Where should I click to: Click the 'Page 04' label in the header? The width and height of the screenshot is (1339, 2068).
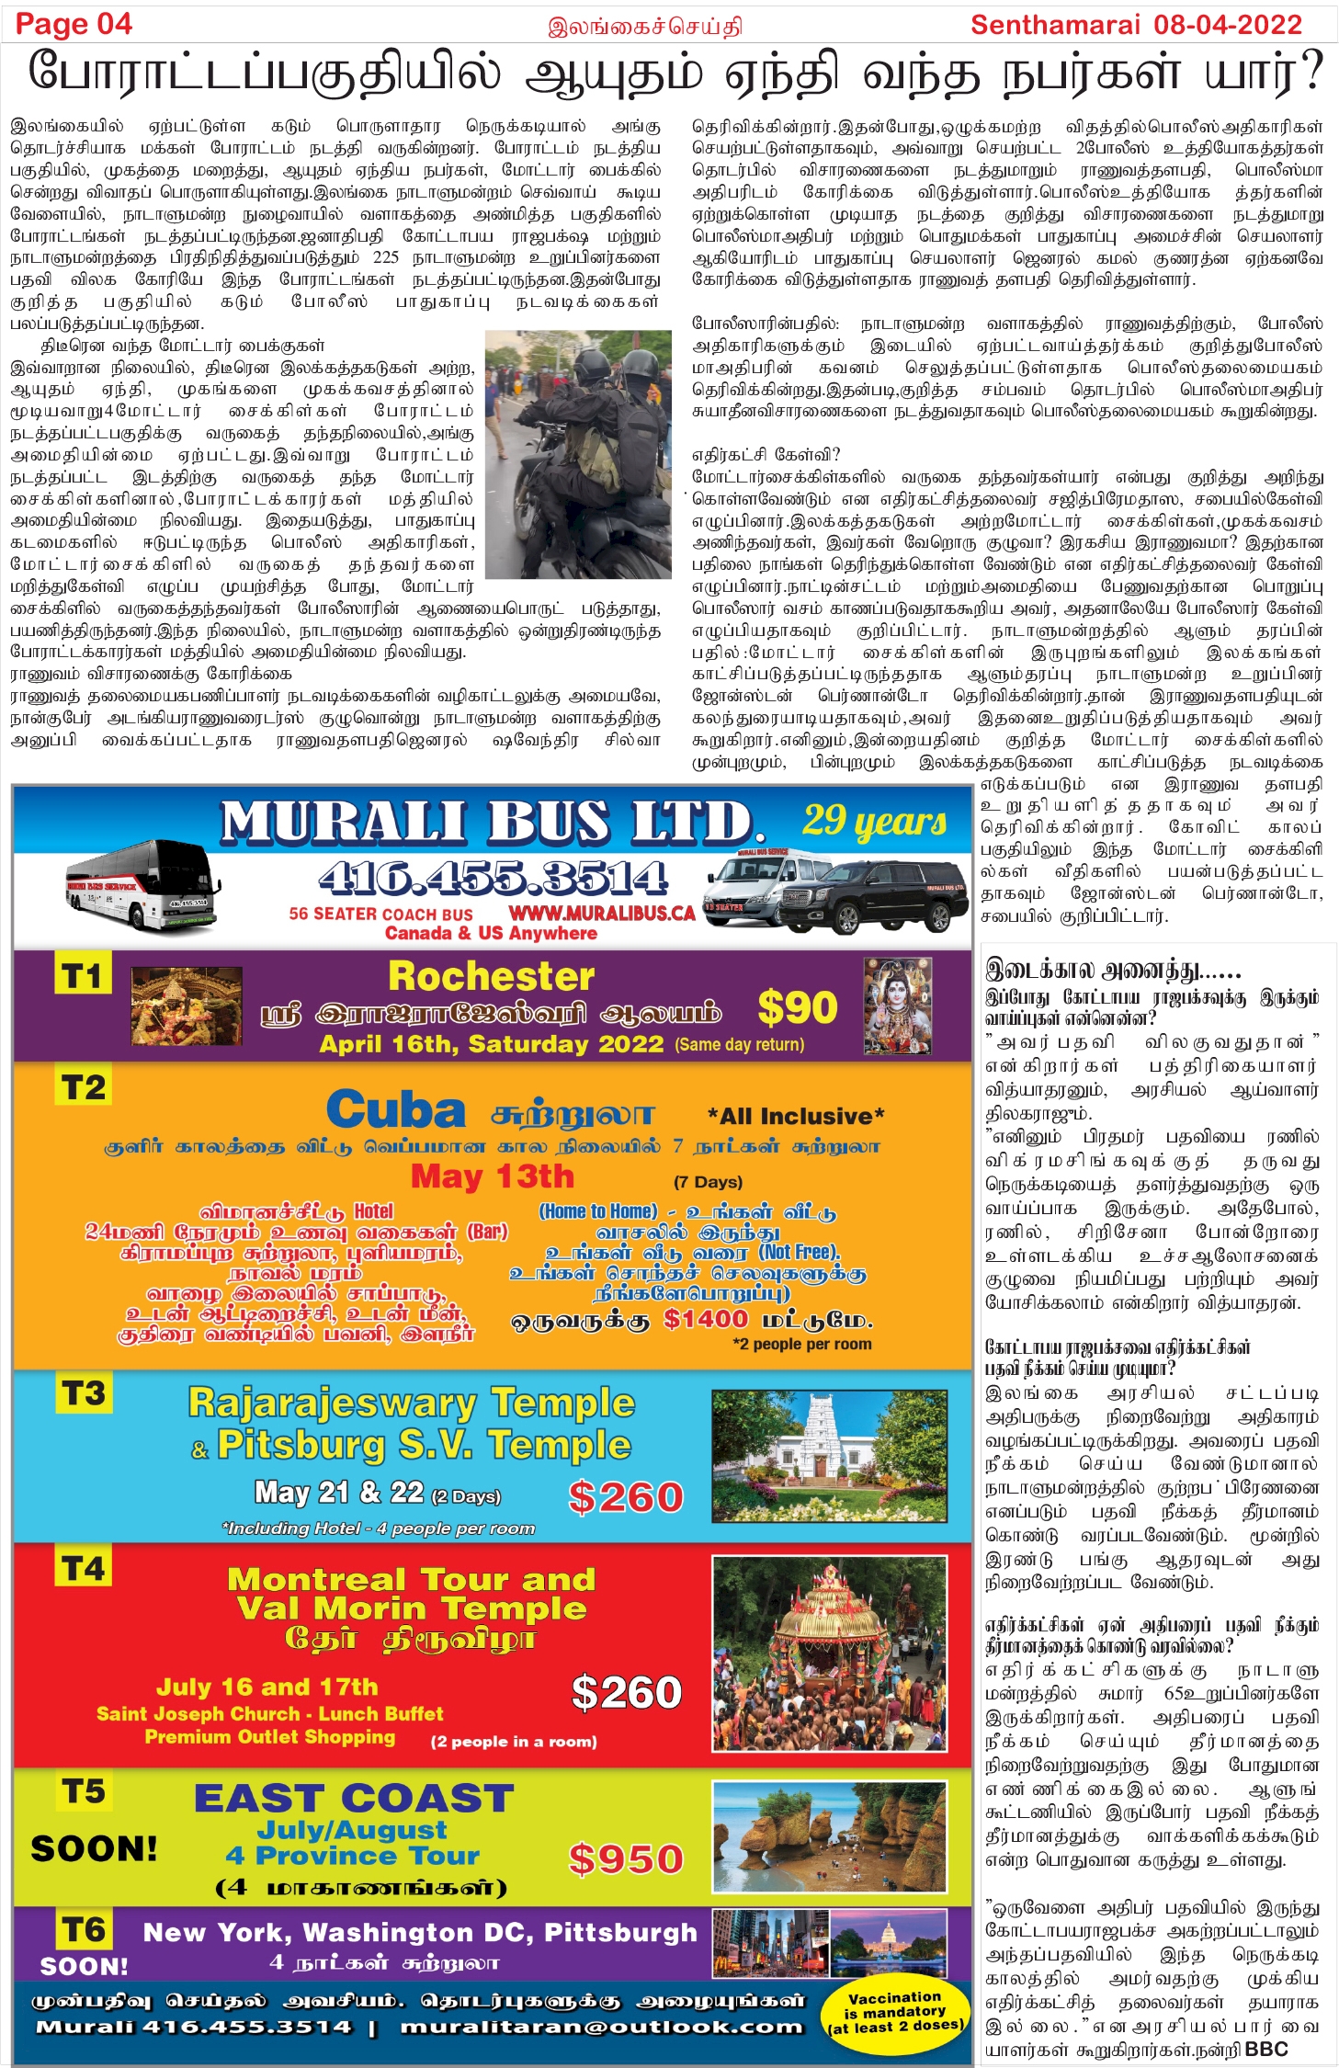(x=74, y=24)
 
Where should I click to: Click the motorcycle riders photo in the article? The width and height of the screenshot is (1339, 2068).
(x=578, y=454)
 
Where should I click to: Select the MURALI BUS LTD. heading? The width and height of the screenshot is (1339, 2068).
(x=492, y=823)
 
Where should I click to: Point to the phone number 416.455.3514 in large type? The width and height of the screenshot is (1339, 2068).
(x=494, y=879)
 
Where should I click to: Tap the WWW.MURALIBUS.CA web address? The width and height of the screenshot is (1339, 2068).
(x=602, y=914)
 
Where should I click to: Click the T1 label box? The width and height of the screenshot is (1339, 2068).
(x=83, y=975)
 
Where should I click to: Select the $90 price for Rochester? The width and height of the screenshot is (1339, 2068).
(x=797, y=1007)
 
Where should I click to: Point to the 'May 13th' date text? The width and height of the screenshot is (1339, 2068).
(x=492, y=1176)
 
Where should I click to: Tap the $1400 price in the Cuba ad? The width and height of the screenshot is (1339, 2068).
(x=706, y=1319)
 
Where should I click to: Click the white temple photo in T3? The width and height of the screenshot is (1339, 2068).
(x=829, y=1456)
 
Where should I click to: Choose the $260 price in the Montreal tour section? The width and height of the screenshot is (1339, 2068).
(x=626, y=1692)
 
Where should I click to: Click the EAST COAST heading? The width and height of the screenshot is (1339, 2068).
(x=354, y=1798)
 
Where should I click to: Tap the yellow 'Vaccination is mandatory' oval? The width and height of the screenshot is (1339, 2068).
(x=895, y=2013)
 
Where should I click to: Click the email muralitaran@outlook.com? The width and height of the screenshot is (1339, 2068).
(x=602, y=2027)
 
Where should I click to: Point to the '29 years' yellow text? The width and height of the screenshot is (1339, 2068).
(x=874, y=821)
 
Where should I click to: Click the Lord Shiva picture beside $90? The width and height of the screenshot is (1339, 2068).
(x=897, y=1006)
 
